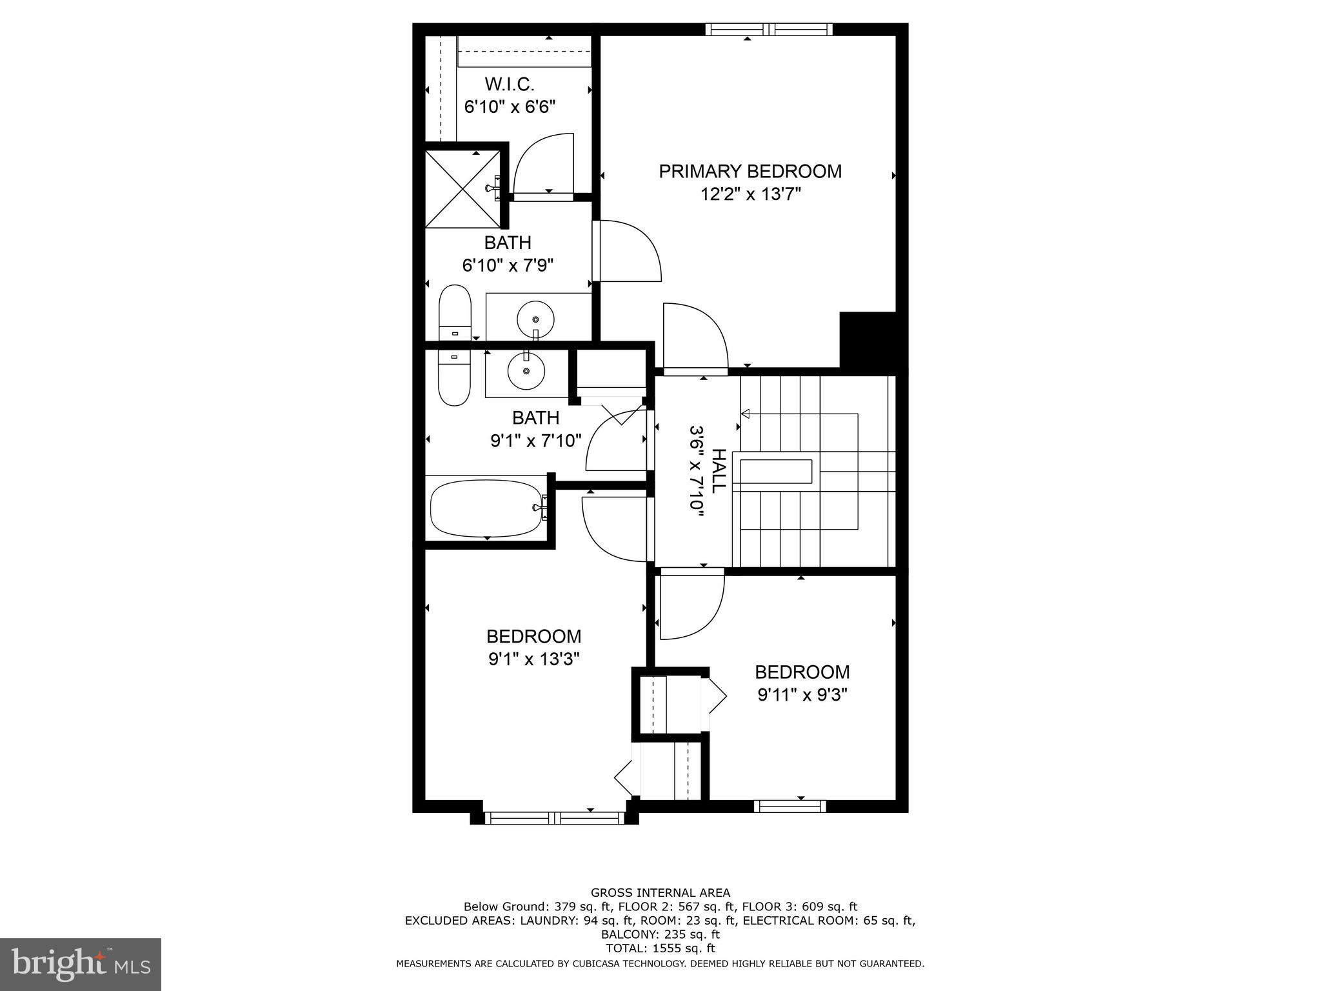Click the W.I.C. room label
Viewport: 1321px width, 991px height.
(510, 85)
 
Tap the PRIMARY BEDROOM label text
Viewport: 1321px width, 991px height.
(750, 172)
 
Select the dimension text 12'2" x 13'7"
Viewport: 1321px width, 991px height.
(751, 194)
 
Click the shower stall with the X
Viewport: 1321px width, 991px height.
(462, 188)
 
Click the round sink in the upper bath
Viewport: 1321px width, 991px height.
(535, 319)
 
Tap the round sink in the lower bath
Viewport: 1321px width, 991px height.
(526, 371)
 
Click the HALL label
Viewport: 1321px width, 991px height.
(719, 471)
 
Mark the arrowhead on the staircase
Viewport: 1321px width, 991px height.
(745, 413)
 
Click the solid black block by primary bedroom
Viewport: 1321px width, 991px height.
(868, 339)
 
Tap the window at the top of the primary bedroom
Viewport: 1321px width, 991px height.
(768, 29)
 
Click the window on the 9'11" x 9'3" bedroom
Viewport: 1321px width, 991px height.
(790, 806)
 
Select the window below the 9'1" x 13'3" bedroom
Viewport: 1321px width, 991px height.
(554, 818)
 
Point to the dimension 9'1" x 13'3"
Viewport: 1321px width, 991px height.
(534, 659)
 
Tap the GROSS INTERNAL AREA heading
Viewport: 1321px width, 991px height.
(660, 893)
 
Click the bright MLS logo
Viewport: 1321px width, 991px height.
(80, 964)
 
